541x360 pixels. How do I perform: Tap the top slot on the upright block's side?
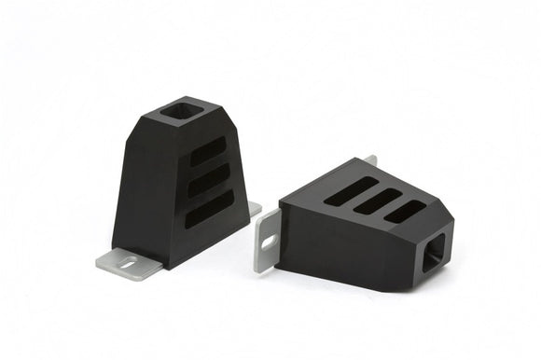[x=207, y=152]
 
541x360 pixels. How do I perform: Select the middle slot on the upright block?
[x=209, y=182]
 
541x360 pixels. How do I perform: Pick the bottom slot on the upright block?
[x=210, y=210]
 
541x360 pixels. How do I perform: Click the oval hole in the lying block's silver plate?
[x=269, y=241]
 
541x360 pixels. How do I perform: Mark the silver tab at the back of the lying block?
[x=369, y=160]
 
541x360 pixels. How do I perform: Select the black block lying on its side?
[x=364, y=224]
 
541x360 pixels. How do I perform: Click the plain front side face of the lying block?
[x=345, y=252]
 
